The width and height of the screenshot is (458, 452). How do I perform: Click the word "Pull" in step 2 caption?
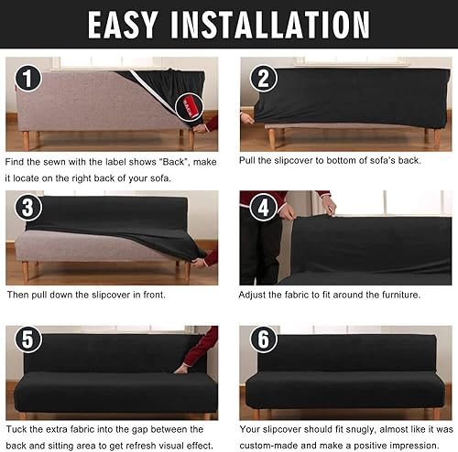tap(251, 161)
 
